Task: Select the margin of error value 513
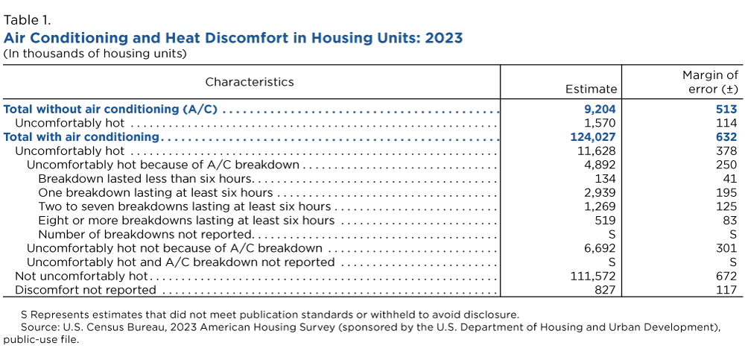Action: (x=726, y=110)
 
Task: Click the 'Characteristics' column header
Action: (x=250, y=82)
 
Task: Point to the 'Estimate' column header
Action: (x=592, y=89)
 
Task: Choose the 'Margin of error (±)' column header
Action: (x=710, y=82)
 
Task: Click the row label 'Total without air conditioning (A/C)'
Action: (x=110, y=110)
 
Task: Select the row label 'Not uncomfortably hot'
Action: (x=80, y=276)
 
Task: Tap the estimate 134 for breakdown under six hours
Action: (x=606, y=179)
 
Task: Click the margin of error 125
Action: (x=726, y=206)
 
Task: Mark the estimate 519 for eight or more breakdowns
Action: (x=606, y=221)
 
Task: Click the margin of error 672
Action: (x=726, y=276)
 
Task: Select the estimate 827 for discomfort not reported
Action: (x=606, y=290)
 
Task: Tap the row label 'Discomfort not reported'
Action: (x=86, y=290)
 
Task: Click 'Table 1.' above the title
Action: (x=28, y=20)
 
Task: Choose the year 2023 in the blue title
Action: (x=444, y=37)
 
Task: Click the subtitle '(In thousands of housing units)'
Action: (x=95, y=54)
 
